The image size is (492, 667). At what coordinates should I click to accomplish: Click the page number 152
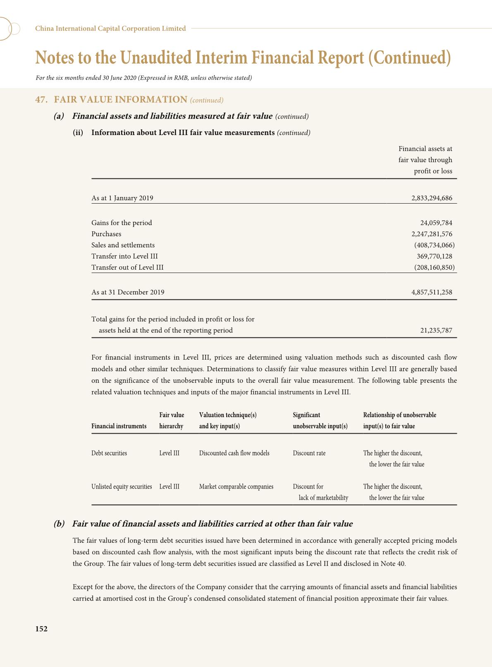pyautogui.click(x=41, y=629)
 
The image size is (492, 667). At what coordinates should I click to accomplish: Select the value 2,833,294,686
pyautogui.click(x=432, y=198)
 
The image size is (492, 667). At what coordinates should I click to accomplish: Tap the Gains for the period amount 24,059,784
pyautogui.click(x=436, y=223)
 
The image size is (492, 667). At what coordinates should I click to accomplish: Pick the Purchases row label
pyautogui.click(x=106, y=234)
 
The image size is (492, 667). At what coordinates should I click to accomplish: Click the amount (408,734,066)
pyautogui.click(x=434, y=245)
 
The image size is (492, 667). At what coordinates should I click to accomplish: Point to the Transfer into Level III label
pyautogui.click(x=124, y=256)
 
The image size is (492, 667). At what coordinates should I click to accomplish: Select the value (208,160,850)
pyautogui.click(x=434, y=267)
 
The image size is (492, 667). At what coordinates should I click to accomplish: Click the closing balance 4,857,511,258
pyautogui.click(x=432, y=292)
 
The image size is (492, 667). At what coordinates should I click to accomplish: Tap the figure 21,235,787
pyautogui.click(x=436, y=330)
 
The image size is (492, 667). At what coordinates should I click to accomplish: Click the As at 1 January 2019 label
pyautogui.click(x=122, y=198)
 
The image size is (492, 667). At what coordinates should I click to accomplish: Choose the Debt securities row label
pyautogui.click(x=109, y=453)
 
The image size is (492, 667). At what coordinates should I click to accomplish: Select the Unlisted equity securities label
pyautogui.click(x=122, y=487)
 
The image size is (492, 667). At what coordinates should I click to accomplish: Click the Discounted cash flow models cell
pyautogui.click(x=234, y=453)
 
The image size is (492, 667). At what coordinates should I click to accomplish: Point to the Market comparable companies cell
pyautogui.click(x=236, y=487)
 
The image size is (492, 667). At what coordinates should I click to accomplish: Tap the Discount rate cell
pyautogui.click(x=309, y=453)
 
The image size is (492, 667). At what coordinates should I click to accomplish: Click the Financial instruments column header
pyautogui.click(x=119, y=426)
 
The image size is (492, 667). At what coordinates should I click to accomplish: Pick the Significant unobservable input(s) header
pyautogui.click(x=320, y=420)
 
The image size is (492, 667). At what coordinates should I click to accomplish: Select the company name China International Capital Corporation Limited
pyautogui.click(x=110, y=28)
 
